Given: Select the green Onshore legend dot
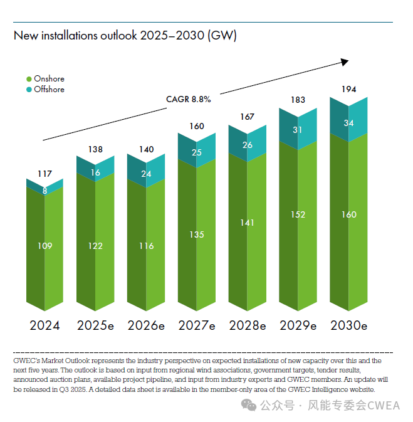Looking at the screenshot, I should click(29, 79).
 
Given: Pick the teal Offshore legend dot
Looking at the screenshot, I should click(29, 90).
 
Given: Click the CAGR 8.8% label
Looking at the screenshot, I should click(188, 99).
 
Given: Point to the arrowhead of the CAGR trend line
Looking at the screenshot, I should click(344, 61).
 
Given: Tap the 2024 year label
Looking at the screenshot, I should click(44, 325).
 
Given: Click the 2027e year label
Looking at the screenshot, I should click(197, 325).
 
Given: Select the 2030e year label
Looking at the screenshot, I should click(348, 325).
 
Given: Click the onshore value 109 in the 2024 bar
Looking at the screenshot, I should click(44, 246).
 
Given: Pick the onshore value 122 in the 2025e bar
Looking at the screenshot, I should click(95, 246).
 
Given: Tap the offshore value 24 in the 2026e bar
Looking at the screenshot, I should click(145, 174).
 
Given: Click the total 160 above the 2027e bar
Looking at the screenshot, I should click(197, 126).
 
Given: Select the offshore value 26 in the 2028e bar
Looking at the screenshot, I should click(248, 145).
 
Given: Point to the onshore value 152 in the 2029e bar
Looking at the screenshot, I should click(298, 214).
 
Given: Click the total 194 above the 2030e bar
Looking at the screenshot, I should click(348, 90).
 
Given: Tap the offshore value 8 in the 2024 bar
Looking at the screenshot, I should click(44, 191).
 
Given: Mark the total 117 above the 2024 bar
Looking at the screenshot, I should click(44, 173).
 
